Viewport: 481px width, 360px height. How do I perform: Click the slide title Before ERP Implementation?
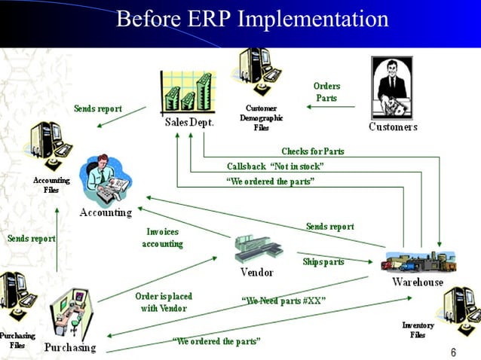pyautogui.click(x=253, y=18)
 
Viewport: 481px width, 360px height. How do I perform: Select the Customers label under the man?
pyautogui.click(x=393, y=127)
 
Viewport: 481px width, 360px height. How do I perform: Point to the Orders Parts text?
pyautogui.click(x=326, y=92)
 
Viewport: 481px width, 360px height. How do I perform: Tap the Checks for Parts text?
pyautogui.click(x=312, y=151)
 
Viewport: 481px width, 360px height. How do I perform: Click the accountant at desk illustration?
pyautogui.click(x=108, y=181)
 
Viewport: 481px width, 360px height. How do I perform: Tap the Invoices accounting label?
pyautogui.click(x=162, y=238)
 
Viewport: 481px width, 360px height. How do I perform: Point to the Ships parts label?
pyautogui.click(x=323, y=262)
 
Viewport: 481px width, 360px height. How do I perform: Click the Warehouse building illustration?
pyautogui.click(x=417, y=261)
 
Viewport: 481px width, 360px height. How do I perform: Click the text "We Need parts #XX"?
pyautogui.click(x=283, y=301)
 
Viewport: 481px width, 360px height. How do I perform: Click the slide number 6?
pyautogui.click(x=453, y=352)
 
